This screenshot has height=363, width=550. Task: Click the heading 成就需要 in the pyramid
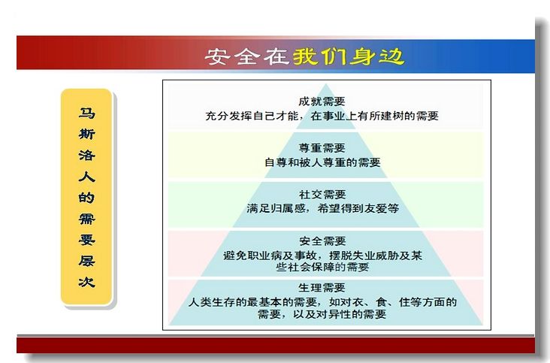coord(322,101)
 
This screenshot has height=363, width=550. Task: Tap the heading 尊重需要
coord(322,148)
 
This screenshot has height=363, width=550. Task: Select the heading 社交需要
coord(322,195)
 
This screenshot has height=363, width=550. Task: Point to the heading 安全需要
coord(322,241)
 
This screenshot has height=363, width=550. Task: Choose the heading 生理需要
coord(322,288)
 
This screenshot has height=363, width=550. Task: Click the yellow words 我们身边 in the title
coord(349,56)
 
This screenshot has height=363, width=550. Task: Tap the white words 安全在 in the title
coord(246,56)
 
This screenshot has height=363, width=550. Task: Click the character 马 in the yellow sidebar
coord(86,113)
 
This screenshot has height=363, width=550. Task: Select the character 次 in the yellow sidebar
coord(86,282)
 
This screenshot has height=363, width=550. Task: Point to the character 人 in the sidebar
coord(86,176)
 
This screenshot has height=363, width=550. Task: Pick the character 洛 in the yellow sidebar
coord(86,155)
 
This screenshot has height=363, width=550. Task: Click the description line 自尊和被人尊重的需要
coord(322,162)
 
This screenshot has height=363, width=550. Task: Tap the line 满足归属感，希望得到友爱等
coord(322,209)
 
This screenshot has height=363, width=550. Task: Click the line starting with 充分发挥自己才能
coord(322,116)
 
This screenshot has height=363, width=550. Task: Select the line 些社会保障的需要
coord(322,268)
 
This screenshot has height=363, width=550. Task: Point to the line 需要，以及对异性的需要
coord(322,314)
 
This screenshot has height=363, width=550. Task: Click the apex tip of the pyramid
coord(326,84)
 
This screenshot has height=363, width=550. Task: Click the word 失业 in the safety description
coord(364,256)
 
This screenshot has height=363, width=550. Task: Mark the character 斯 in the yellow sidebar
coord(86,134)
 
